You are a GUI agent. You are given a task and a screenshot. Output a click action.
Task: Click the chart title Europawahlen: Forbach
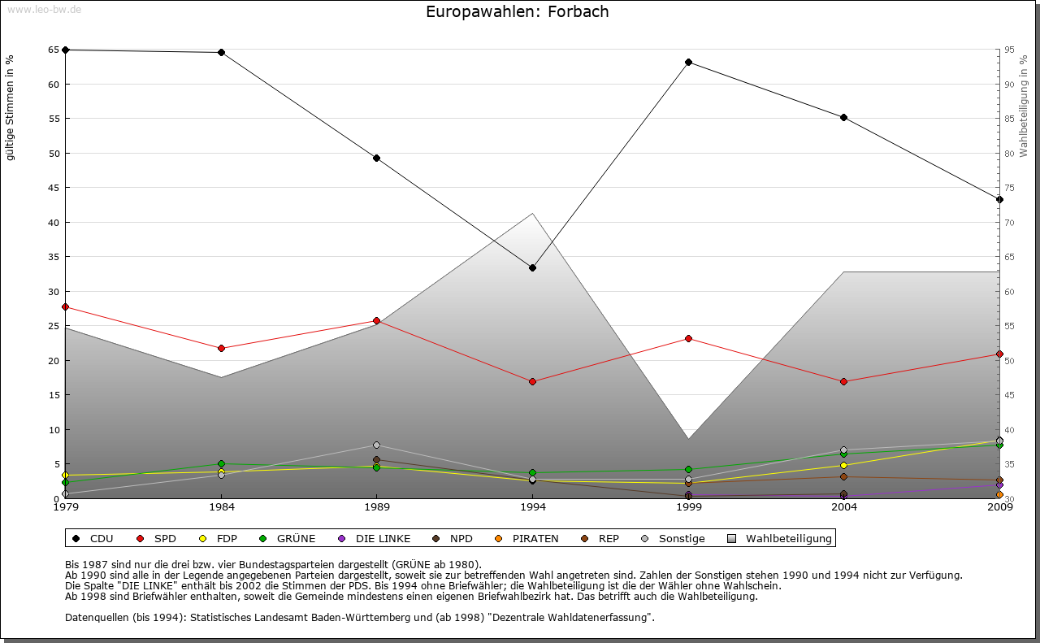[517, 12]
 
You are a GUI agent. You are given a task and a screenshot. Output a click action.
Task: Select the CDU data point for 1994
[532, 267]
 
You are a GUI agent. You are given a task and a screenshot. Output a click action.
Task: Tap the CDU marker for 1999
[688, 62]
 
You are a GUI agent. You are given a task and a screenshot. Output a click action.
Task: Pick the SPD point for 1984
[221, 348]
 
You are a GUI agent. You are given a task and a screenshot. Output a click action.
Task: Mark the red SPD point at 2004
[844, 381]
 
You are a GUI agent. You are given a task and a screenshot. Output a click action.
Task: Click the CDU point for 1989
[376, 158]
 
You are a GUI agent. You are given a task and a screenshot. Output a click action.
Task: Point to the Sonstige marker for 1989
[376, 445]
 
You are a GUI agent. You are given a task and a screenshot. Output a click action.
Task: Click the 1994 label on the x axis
[532, 507]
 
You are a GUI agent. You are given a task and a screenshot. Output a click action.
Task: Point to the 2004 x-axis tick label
[844, 507]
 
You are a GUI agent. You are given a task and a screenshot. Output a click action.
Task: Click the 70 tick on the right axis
[1008, 222]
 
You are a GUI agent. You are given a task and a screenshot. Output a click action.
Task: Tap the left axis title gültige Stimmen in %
[11, 107]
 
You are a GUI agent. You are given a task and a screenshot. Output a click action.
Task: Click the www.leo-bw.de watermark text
[44, 9]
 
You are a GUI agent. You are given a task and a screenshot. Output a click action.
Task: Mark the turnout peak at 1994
[532, 214]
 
